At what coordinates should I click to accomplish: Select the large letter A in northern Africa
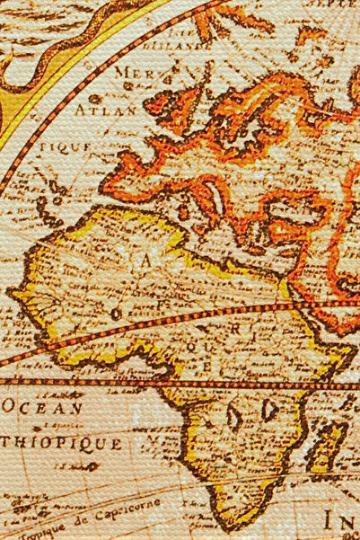147,262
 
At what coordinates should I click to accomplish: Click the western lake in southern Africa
235,415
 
